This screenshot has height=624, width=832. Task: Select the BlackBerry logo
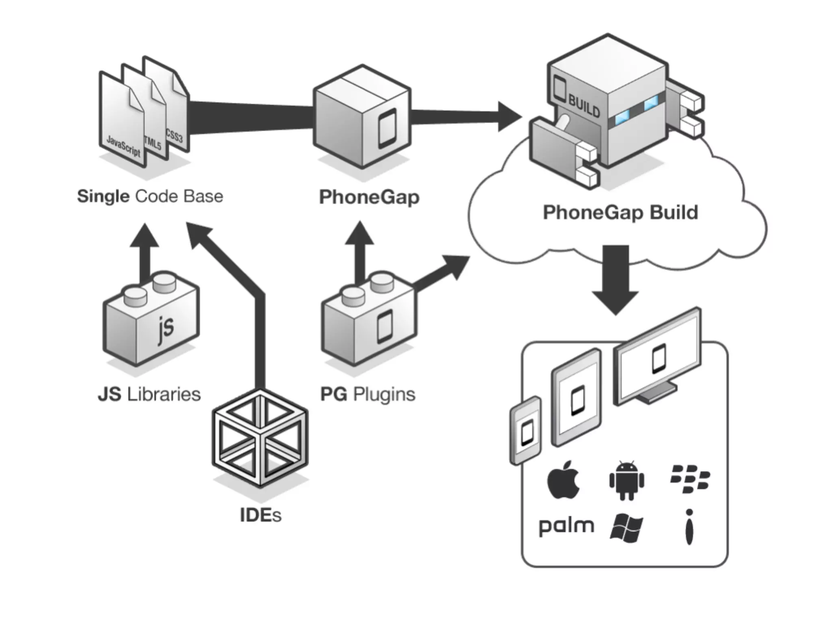pyautogui.click(x=689, y=479)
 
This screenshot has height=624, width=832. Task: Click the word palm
pyautogui.click(x=566, y=526)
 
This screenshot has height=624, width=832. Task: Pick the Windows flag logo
pyautogui.click(x=626, y=528)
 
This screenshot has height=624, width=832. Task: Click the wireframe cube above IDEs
pyautogui.click(x=260, y=439)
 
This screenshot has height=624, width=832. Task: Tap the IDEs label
pyautogui.click(x=260, y=515)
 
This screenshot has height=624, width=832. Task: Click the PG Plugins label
pyautogui.click(x=368, y=394)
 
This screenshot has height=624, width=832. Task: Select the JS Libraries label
pyautogui.click(x=149, y=394)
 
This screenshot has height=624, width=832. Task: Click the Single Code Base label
pyautogui.click(x=150, y=196)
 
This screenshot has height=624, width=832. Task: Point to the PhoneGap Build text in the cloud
pyautogui.click(x=620, y=212)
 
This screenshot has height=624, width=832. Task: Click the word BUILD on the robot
pyautogui.click(x=584, y=106)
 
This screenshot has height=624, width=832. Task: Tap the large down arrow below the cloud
pyautogui.click(x=615, y=280)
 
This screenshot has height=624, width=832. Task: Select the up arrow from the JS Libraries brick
pyautogui.click(x=144, y=252)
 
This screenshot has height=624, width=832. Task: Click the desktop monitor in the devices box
pyautogui.click(x=658, y=357)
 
